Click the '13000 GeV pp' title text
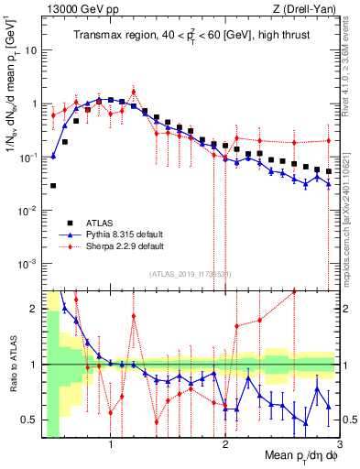(80, 9)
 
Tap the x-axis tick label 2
(225, 447)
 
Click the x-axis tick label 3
(338, 447)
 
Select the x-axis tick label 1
(111, 447)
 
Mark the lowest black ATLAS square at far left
(53, 185)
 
